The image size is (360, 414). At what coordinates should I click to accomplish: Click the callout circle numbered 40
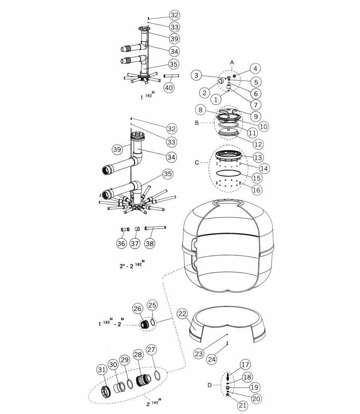(x=169, y=87)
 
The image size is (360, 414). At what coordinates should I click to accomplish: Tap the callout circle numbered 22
(x=182, y=313)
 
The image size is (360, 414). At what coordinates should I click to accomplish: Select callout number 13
(x=258, y=158)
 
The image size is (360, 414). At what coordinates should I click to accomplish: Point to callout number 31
(x=102, y=370)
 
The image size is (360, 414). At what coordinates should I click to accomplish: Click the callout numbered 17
(x=245, y=365)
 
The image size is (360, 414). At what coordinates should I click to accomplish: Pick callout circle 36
(x=121, y=243)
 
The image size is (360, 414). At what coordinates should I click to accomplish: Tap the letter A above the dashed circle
(x=232, y=63)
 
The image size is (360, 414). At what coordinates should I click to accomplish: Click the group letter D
(x=209, y=385)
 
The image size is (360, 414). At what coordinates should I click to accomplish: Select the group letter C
(x=197, y=162)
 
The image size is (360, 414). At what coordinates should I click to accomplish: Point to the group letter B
(x=197, y=123)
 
